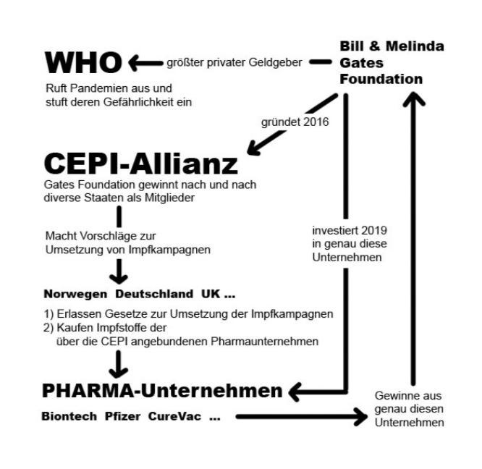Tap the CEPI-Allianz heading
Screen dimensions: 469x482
pos(141,164)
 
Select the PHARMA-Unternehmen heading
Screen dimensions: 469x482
pos(161,392)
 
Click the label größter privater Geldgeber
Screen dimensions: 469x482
pos(234,63)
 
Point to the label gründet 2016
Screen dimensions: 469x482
pos(295,122)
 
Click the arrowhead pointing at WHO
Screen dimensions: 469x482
pos(135,64)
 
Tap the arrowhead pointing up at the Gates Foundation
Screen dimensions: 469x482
pos(415,103)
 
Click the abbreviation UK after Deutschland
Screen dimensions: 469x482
pos(208,295)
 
